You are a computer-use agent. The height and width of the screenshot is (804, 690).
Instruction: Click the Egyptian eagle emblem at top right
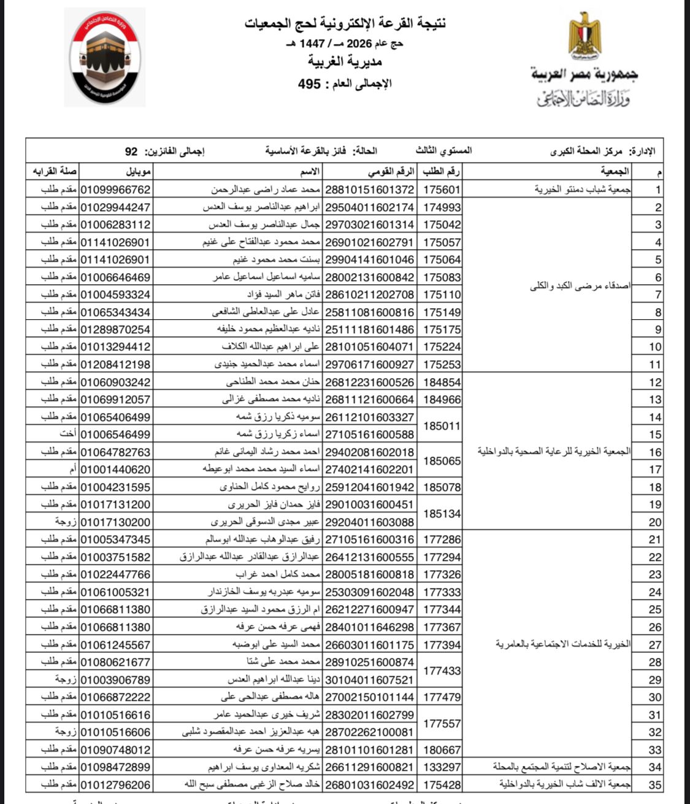click(584, 36)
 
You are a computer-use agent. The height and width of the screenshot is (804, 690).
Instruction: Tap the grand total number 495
click(309, 83)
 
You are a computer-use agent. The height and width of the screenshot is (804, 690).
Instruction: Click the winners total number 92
click(131, 151)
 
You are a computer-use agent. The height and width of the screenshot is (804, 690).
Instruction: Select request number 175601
click(442, 190)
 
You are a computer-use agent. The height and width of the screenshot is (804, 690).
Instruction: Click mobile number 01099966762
click(115, 190)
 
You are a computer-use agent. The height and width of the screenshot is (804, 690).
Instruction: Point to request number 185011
click(442, 425)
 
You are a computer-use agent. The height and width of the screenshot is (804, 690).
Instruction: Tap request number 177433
click(442, 671)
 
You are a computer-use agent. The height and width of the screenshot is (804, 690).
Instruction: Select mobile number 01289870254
click(115, 329)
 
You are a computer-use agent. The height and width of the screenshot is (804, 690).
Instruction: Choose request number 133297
click(442, 767)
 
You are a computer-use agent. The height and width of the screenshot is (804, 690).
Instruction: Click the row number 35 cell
click(655, 785)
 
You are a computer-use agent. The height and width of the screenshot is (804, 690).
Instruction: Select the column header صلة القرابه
click(53, 171)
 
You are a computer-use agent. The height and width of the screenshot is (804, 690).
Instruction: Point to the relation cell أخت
click(67, 434)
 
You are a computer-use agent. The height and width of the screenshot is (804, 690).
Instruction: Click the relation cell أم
click(72, 469)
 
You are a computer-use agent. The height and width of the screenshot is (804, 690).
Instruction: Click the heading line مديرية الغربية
click(345, 62)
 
